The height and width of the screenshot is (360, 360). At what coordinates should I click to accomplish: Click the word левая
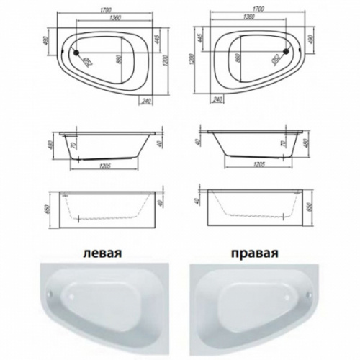tap(104, 253)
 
